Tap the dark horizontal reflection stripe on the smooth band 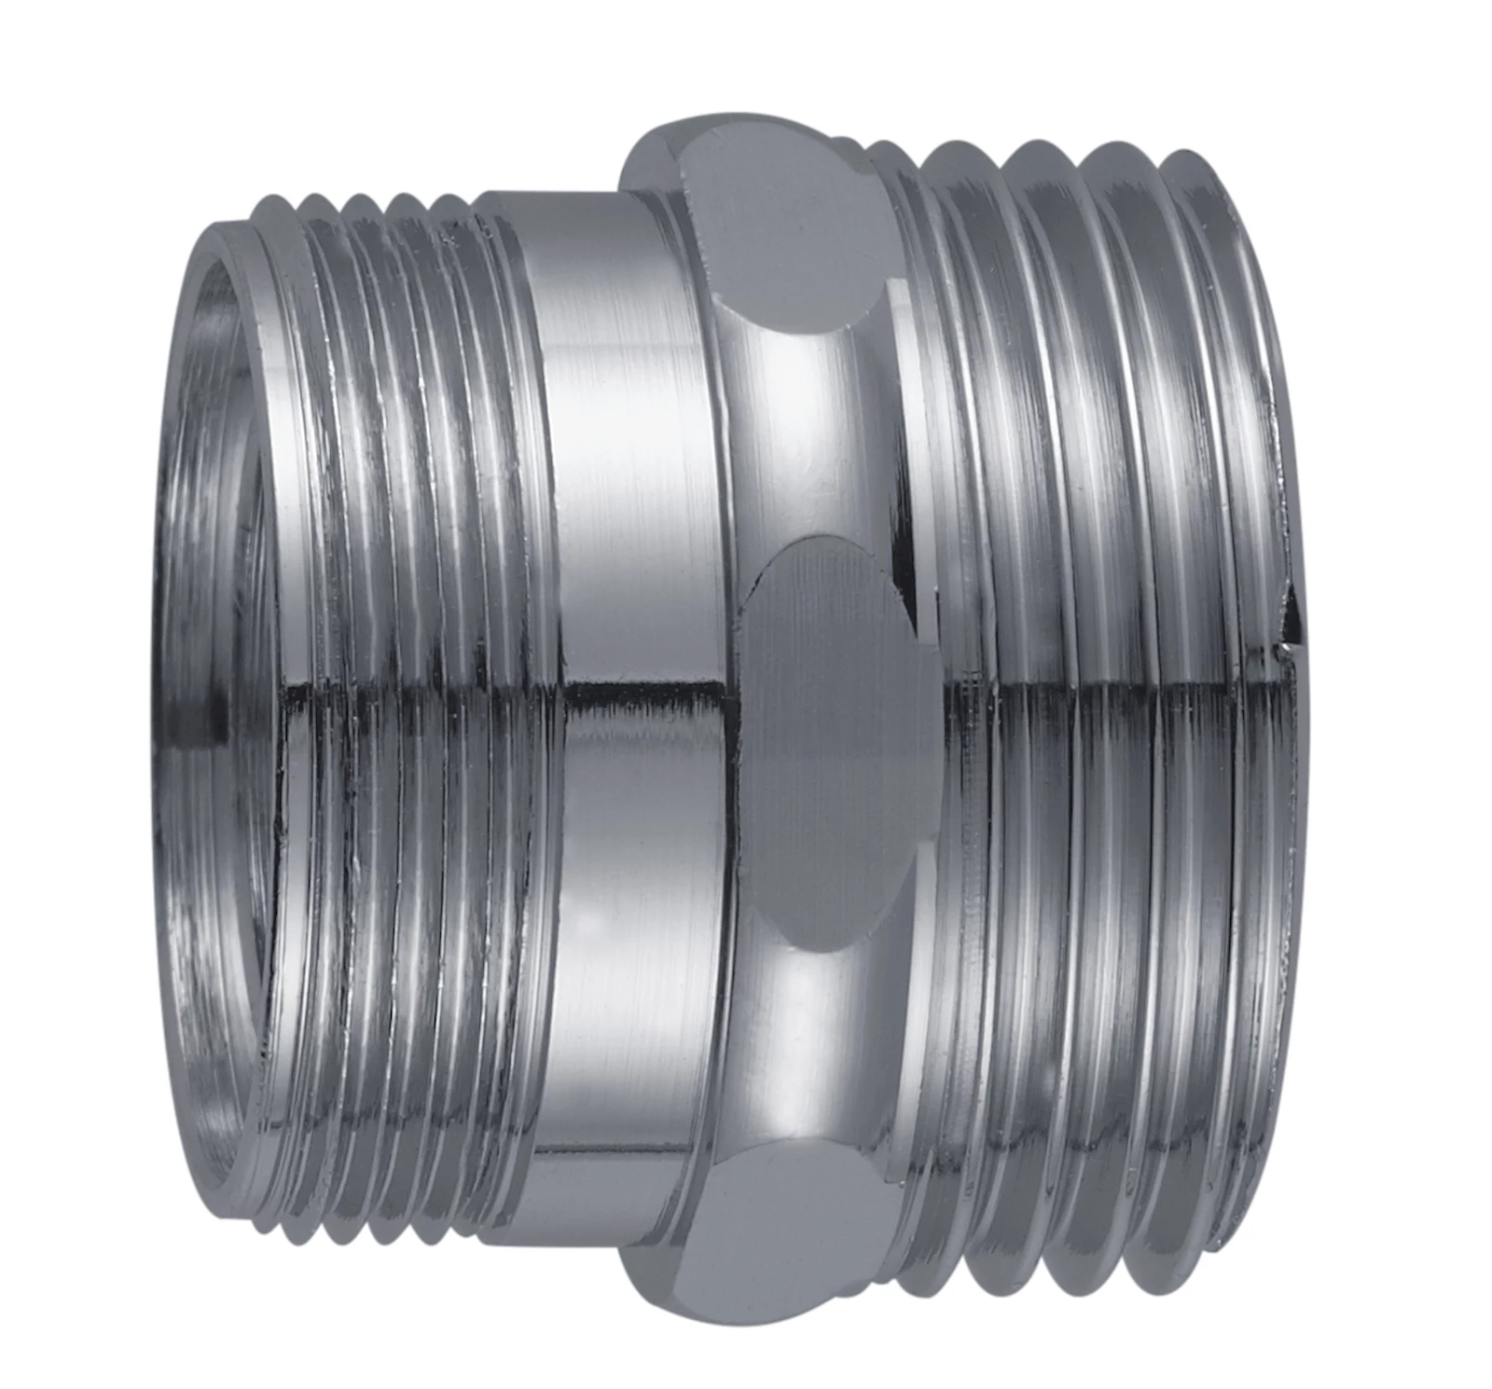click(643, 694)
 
